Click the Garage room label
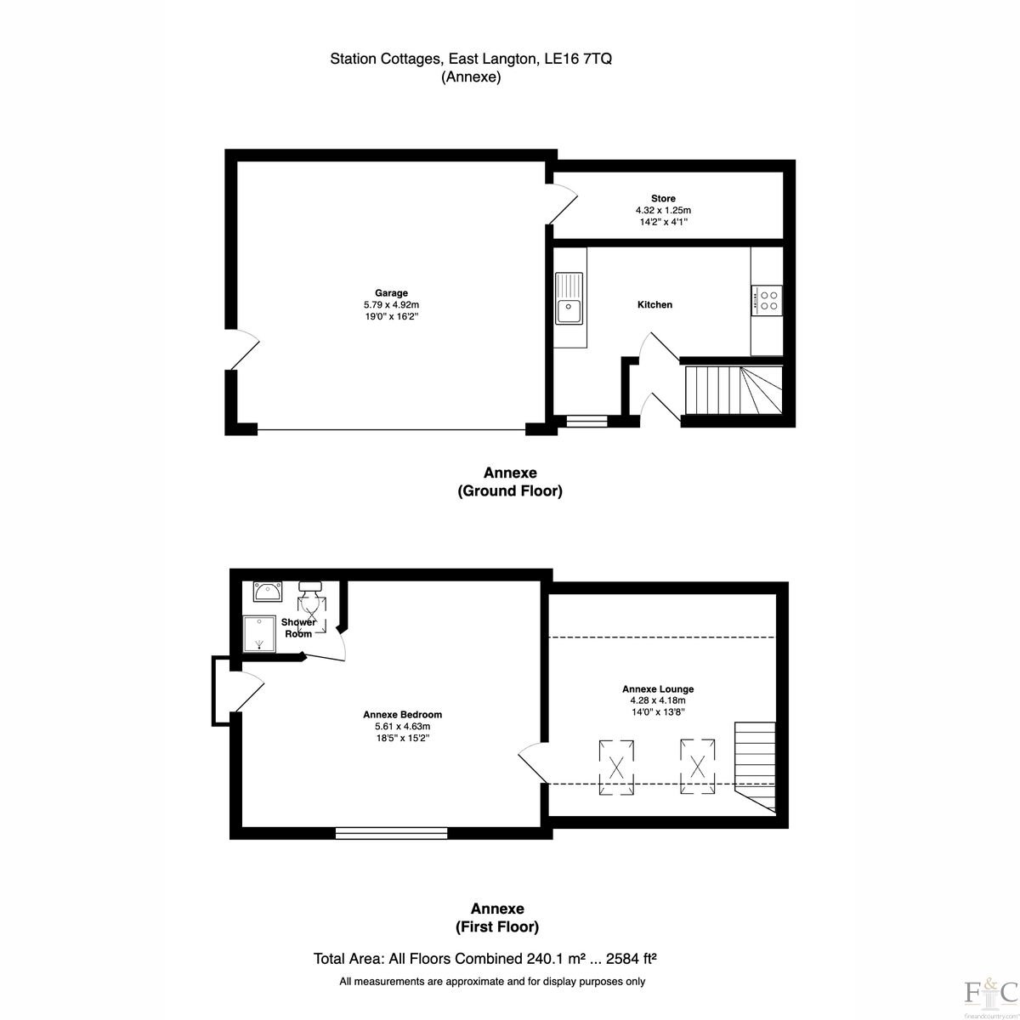click(x=391, y=292)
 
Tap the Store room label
click(x=663, y=199)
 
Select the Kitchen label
click(x=654, y=304)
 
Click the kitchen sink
click(x=569, y=298)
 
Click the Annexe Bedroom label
click(x=402, y=715)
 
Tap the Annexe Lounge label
click(x=657, y=689)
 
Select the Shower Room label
click(x=298, y=628)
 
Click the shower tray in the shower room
click(x=259, y=633)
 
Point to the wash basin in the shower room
click(x=268, y=591)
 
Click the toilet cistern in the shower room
click(x=310, y=586)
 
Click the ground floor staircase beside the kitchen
click(x=734, y=391)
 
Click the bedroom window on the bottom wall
click(x=392, y=833)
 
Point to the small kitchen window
click(x=586, y=421)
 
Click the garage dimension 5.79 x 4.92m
click(x=391, y=305)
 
